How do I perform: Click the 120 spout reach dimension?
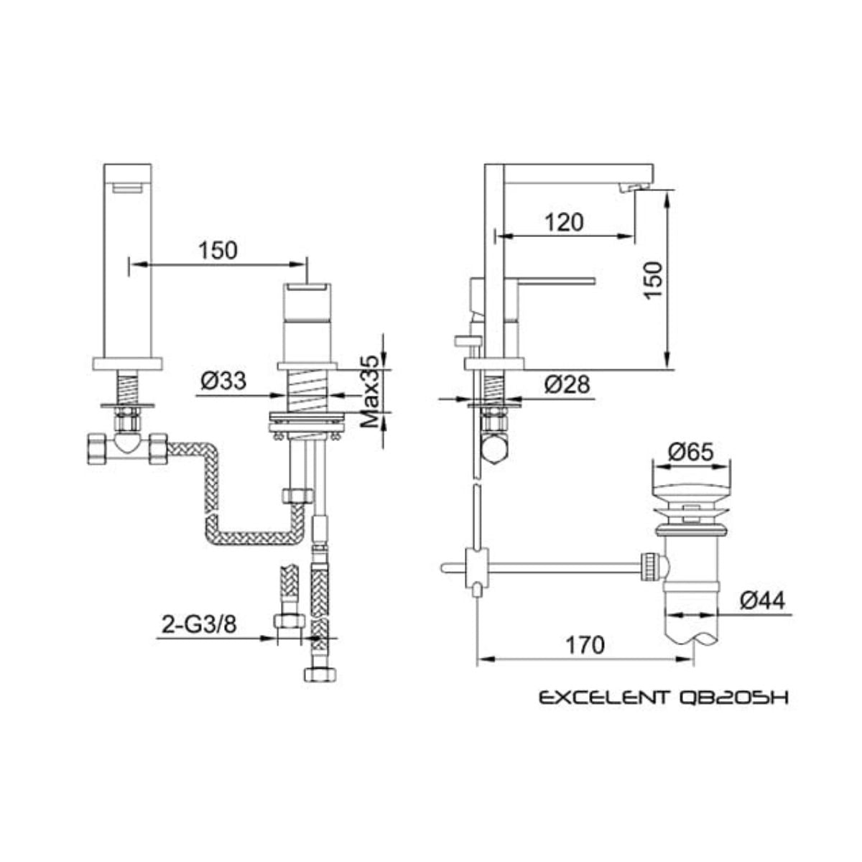click(x=565, y=222)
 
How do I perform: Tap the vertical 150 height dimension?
click(x=653, y=280)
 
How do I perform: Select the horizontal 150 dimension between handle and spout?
click(x=218, y=251)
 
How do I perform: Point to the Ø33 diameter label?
click(x=223, y=381)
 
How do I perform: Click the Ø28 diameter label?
click(x=567, y=384)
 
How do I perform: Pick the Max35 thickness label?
click(x=370, y=392)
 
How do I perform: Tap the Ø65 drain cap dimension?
click(x=691, y=453)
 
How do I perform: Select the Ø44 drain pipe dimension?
click(x=762, y=601)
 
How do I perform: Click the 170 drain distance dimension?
click(x=585, y=645)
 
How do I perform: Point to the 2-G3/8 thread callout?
click(x=198, y=625)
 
